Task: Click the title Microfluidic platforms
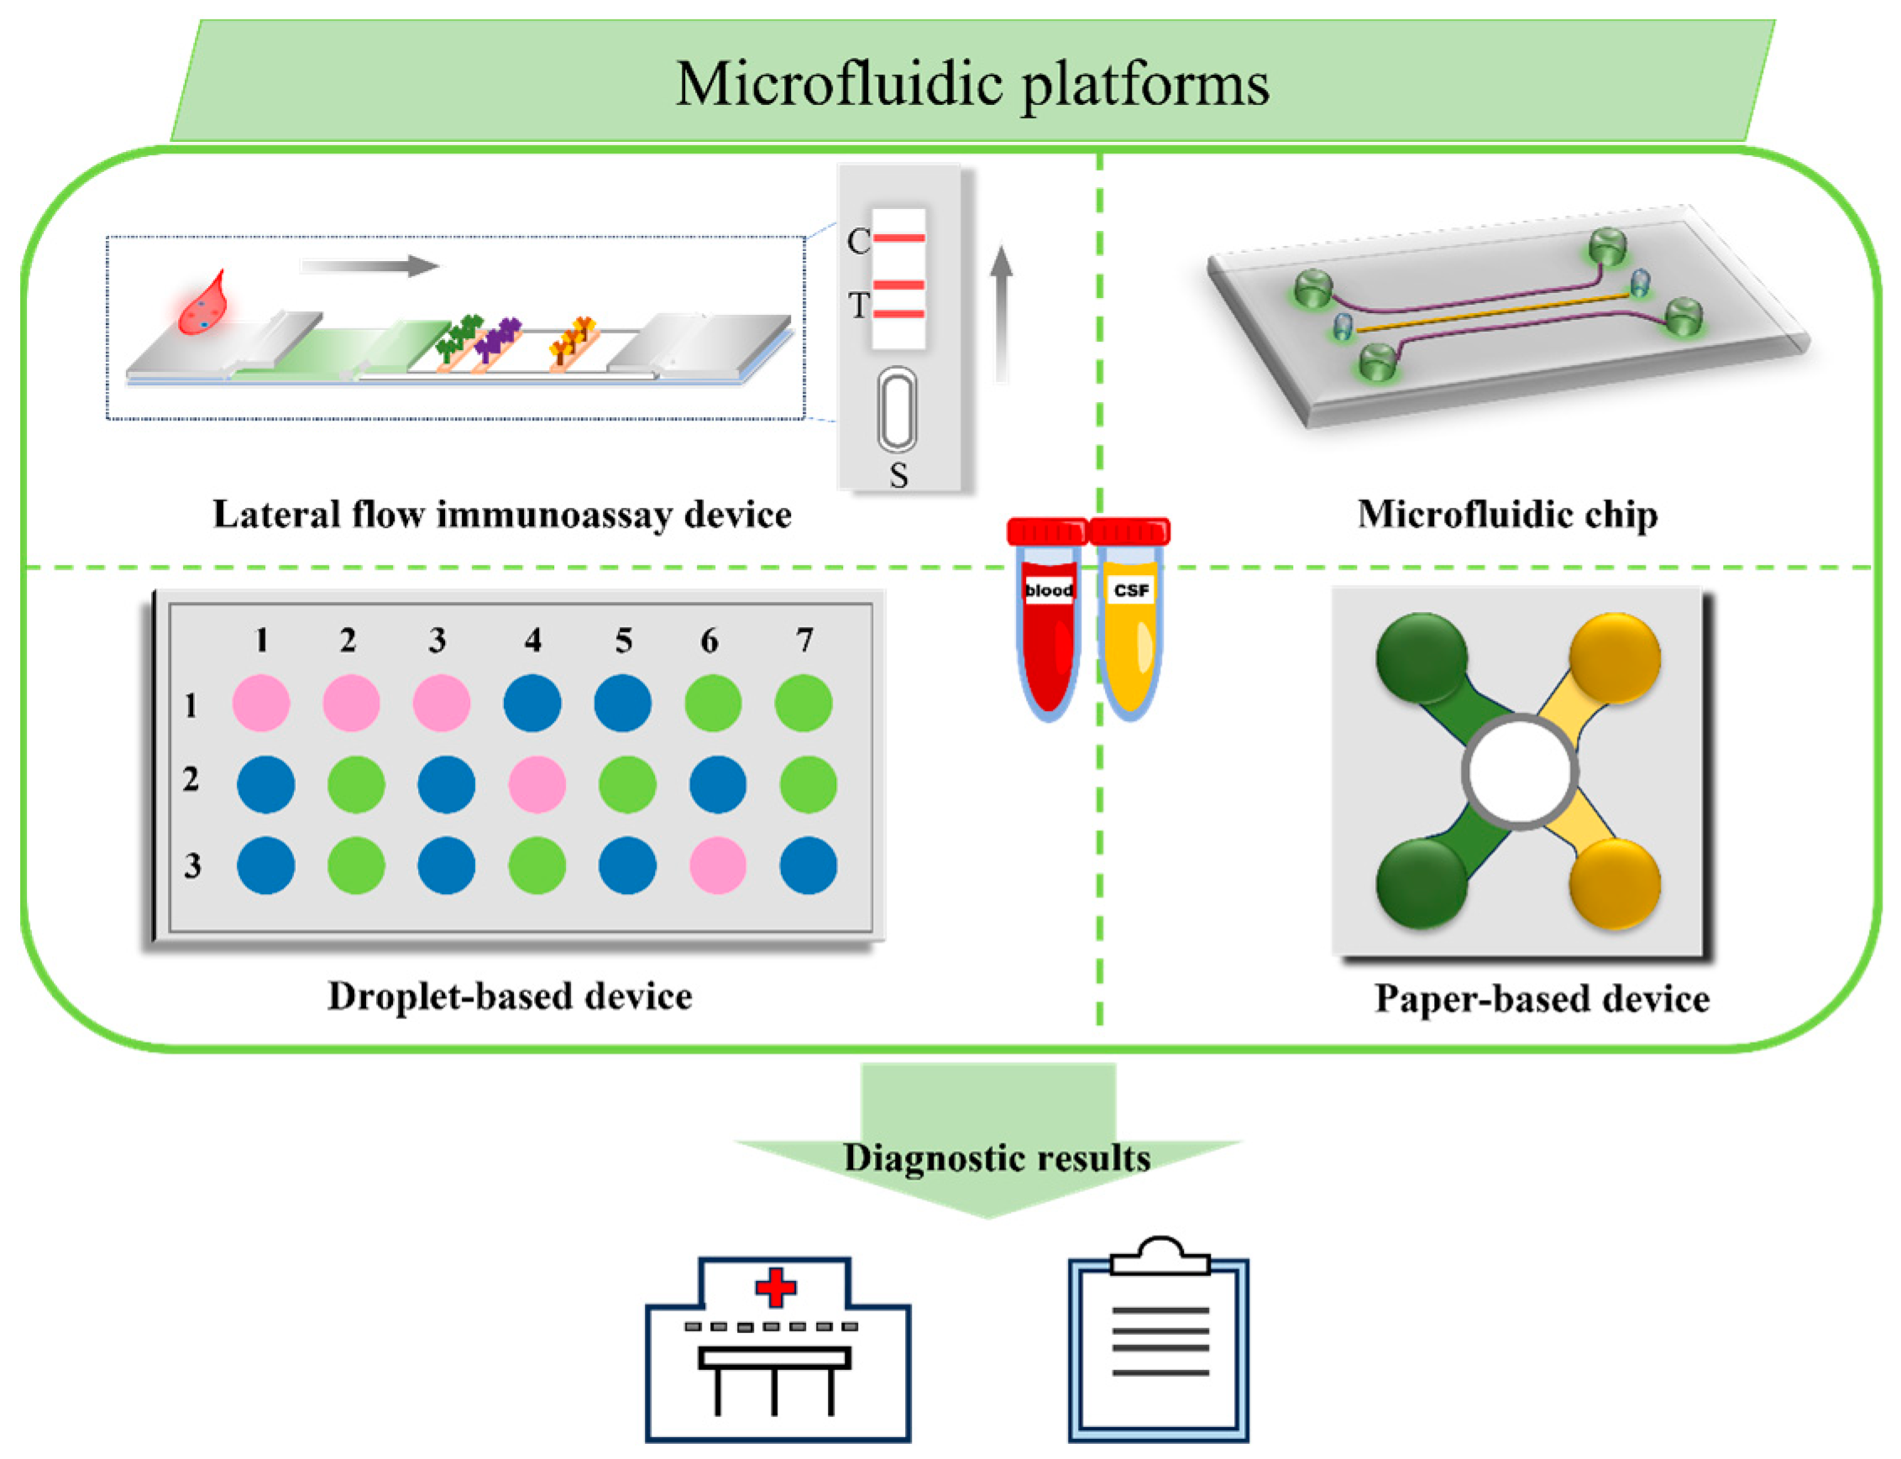[971, 83]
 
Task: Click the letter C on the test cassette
[858, 242]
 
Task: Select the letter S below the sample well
[898, 475]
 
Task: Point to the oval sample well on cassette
[897, 409]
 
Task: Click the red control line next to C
[898, 237]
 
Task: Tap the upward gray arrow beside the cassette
[1002, 312]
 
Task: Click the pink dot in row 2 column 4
[537, 784]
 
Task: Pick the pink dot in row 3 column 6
[717, 865]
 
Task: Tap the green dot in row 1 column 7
[804, 703]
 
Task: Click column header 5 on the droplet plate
[624, 641]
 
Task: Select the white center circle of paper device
[1520, 771]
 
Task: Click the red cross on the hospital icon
[776, 1287]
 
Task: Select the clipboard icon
[1159, 1341]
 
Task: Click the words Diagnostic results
[997, 1158]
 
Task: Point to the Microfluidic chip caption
[1506, 514]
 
